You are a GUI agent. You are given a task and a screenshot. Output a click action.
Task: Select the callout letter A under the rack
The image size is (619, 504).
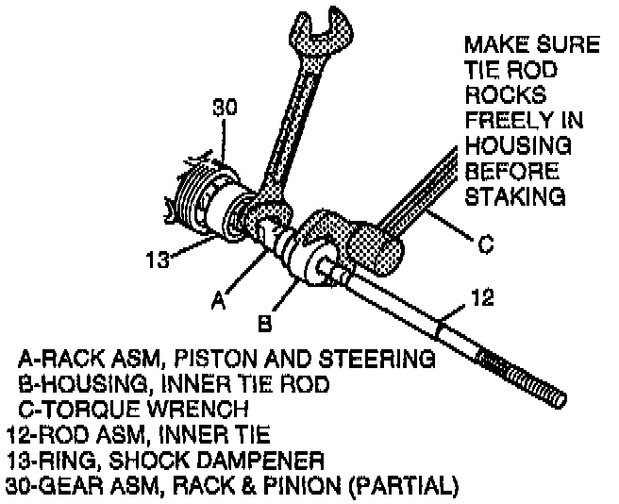point(217,302)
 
